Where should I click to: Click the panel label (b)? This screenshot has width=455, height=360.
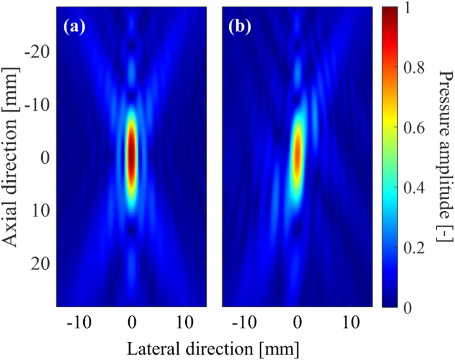(x=238, y=28)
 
